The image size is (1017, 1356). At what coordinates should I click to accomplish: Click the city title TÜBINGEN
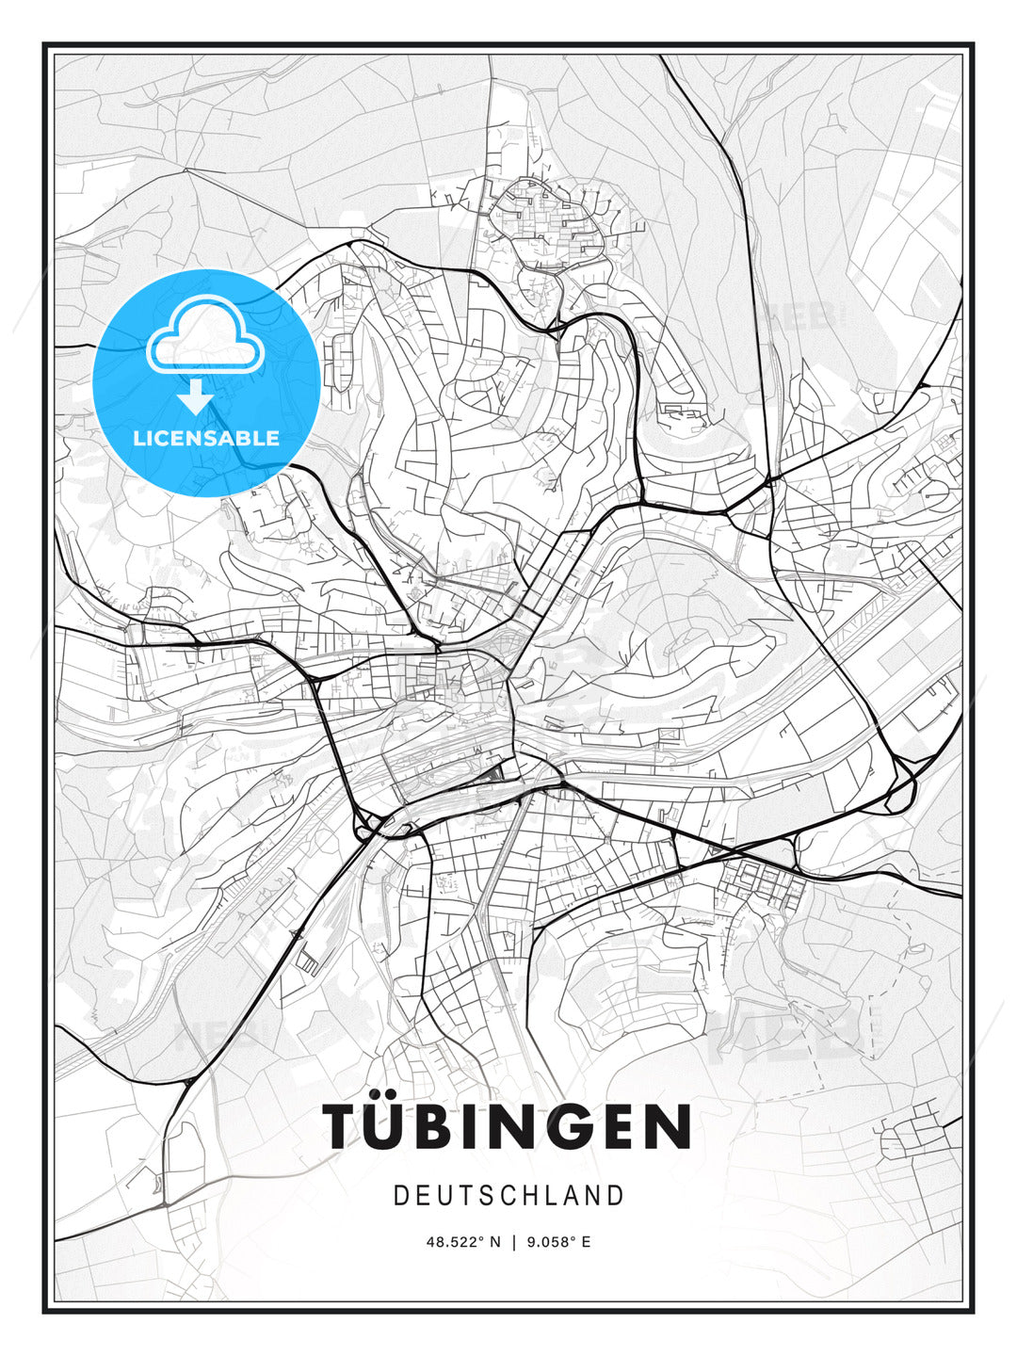coord(508,1126)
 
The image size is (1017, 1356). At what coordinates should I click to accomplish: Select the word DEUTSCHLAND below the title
coord(508,1196)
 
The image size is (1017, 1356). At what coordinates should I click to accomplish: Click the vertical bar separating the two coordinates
coord(513,1242)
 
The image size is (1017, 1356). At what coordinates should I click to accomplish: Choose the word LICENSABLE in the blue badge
coord(206,438)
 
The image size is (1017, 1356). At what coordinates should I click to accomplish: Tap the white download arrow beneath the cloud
coord(196,395)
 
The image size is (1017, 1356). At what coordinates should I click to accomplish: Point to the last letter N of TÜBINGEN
coord(671,1126)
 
